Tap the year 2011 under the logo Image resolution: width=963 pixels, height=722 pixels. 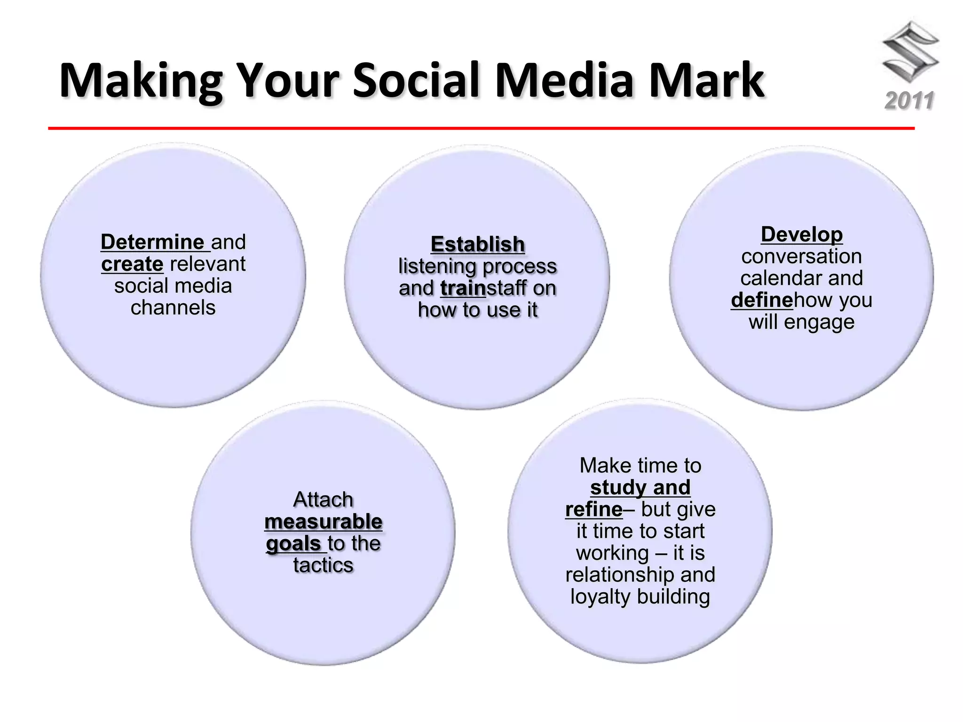(x=909, y=101)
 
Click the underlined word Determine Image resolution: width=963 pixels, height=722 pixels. (x=152, y=242)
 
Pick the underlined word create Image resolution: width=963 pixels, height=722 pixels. (x=132, y=264)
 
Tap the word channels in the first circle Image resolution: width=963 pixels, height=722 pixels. (x=173, y=308)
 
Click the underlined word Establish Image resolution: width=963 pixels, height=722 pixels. (x=477, y=244)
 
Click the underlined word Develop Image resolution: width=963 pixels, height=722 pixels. (x=801, y=235)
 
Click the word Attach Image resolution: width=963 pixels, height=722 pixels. (x=323, y=500)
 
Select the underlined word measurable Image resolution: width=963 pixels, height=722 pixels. (x=323, y=522)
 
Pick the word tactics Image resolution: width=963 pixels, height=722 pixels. (x=323, y=565)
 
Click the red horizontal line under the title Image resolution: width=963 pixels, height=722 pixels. (x=481, y=128)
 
